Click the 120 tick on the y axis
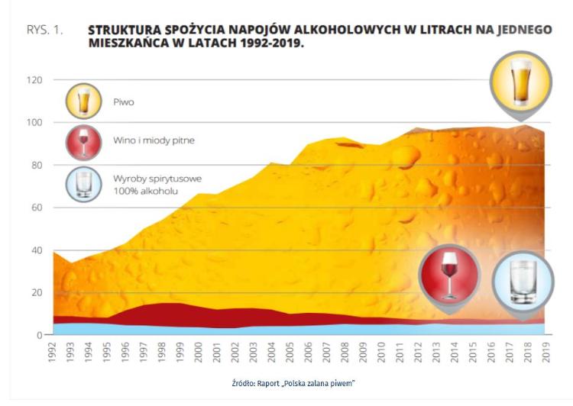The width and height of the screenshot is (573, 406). pos(36,80)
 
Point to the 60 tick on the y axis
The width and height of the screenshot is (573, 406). pos(38,208)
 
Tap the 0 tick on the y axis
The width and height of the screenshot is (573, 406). pos(40,335)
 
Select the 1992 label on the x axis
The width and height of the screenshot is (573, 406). pos(53,352)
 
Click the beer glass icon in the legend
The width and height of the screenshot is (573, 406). pos(83,101)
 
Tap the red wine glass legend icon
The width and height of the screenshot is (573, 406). pos(83,142)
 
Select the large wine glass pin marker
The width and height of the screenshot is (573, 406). pos(449,275)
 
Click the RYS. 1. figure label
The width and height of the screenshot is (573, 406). pos(45,31)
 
